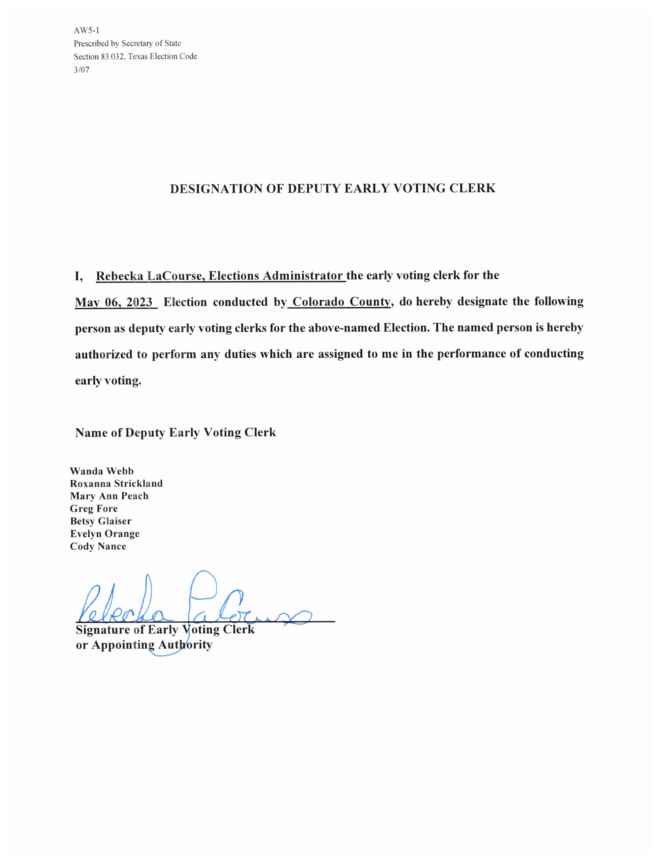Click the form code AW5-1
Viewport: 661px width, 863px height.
[x=86, y=30]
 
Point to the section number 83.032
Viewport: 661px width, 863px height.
[x=112, y=57]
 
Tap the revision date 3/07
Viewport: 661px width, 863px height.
[x=81, y=70]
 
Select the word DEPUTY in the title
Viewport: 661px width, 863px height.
[x=313, y=189]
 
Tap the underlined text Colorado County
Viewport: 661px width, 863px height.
[x=341, y=302]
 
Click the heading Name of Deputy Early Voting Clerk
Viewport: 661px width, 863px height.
[x=176, y=432]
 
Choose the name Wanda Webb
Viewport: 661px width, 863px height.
[x=102, y=471]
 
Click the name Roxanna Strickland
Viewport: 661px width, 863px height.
[x=116, y=483]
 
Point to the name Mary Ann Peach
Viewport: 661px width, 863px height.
[x=109, y=496]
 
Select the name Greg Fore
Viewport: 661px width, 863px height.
[x=94, y=508]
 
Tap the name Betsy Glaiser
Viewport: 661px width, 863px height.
[x=101, y=521]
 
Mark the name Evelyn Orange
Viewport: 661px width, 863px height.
[x=105, y=534]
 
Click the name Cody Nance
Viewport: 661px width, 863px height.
[x=98, y=546]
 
